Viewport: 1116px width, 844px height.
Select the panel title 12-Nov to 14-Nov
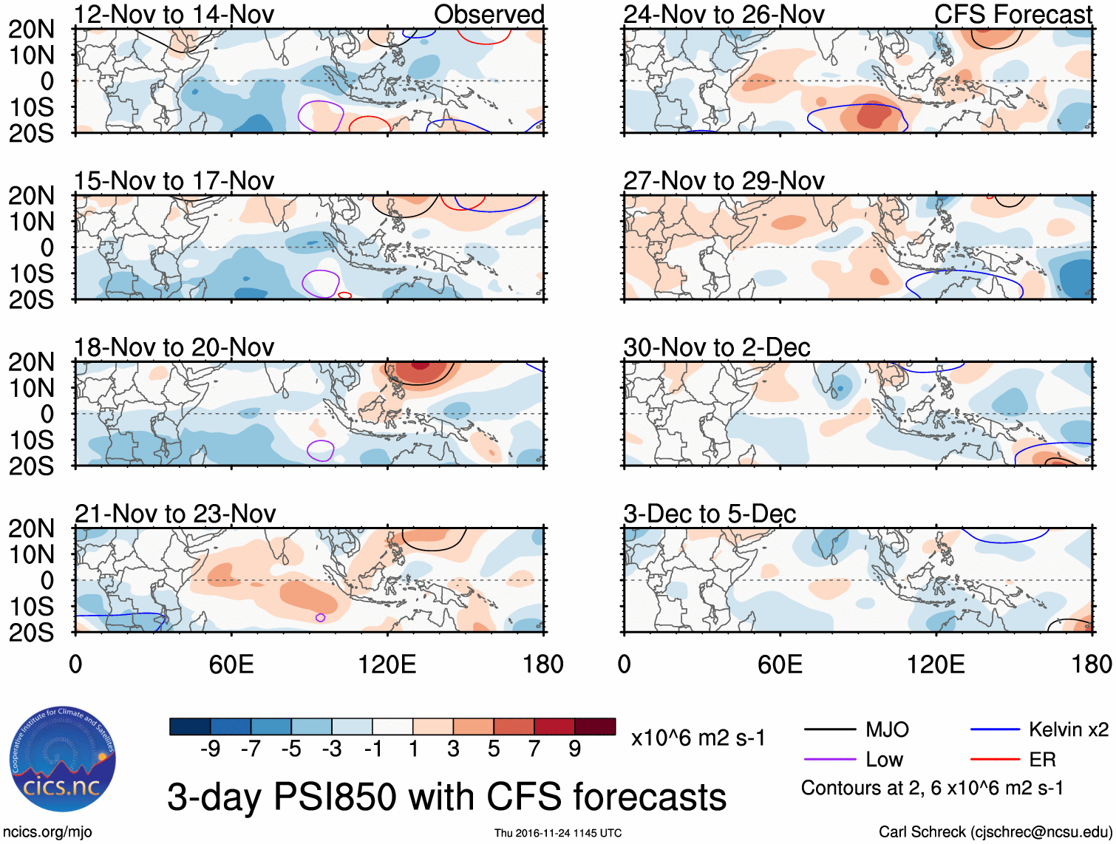174,14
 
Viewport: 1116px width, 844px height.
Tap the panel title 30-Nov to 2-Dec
717,347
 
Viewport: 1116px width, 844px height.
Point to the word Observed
489,14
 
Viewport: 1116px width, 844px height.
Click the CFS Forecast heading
1013,14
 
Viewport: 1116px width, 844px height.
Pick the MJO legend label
887,730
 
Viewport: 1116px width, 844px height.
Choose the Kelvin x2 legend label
1068,730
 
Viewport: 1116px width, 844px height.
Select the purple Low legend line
829,760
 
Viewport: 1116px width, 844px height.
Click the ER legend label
1042,760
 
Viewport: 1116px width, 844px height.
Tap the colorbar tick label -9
211,749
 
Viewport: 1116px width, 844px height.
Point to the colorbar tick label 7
534,749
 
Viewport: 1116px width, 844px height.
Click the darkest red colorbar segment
595,726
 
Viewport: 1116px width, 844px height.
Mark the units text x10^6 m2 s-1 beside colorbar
698,738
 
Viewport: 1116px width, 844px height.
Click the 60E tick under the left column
231,664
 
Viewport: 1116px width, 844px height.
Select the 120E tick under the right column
936,664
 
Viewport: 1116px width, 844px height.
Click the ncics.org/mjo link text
47,832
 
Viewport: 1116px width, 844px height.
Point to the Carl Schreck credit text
995,832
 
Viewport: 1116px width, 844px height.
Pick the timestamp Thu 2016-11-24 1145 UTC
558,833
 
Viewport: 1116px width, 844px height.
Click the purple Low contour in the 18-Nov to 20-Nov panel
321,450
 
